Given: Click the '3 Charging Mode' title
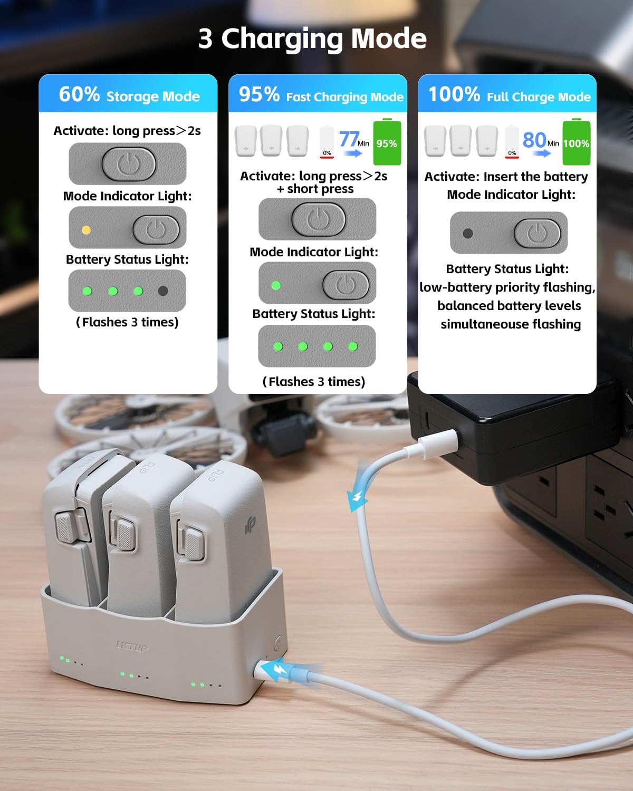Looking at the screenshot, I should coord(312,38).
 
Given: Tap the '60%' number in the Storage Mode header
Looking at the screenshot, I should coord(79,94).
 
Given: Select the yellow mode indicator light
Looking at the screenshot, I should coord(86,230).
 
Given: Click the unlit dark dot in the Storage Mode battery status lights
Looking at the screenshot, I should coord(163,291).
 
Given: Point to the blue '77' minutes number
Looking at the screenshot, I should coord(349,139).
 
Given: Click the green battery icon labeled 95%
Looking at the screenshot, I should coord(387,142).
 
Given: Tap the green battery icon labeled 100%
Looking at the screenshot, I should coord(576,142).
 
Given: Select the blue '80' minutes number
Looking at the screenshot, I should coord(534,140).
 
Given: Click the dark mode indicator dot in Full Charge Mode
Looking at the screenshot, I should coord(467,233).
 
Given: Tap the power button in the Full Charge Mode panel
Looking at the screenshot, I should coord(537,233).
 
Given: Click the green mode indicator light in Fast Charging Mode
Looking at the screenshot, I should coord(275,285).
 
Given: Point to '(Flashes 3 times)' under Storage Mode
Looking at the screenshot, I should coord(127,322).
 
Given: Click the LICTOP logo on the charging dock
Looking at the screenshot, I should coord(131,646).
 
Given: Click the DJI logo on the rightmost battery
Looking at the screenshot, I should coord(250,525).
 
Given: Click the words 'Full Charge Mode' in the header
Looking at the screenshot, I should coord(539,97).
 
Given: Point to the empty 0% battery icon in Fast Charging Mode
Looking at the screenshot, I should coord(327,142).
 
